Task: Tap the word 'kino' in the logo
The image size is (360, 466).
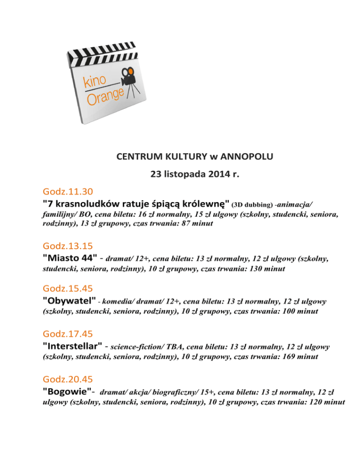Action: point(95,80)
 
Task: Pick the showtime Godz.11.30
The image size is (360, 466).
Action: point(67,191)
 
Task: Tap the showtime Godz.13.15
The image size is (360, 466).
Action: point(67,245)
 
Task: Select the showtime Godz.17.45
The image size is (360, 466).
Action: point(67,334)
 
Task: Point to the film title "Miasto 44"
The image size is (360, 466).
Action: point(70,258)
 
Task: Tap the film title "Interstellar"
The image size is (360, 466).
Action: point(72,347)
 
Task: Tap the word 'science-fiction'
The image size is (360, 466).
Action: point(138,347)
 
